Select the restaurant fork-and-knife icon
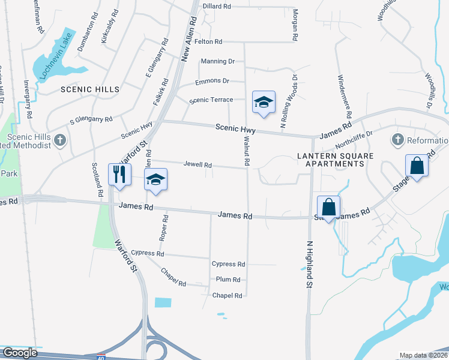(118, 174)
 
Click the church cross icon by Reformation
(396, 140)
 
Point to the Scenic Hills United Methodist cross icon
(59, 140)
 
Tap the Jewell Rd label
(197, 164)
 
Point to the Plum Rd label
(228, 280)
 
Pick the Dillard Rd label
(217, 6)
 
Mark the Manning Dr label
(218, 61)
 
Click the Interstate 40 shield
(101, 356)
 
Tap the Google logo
(20, 353)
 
